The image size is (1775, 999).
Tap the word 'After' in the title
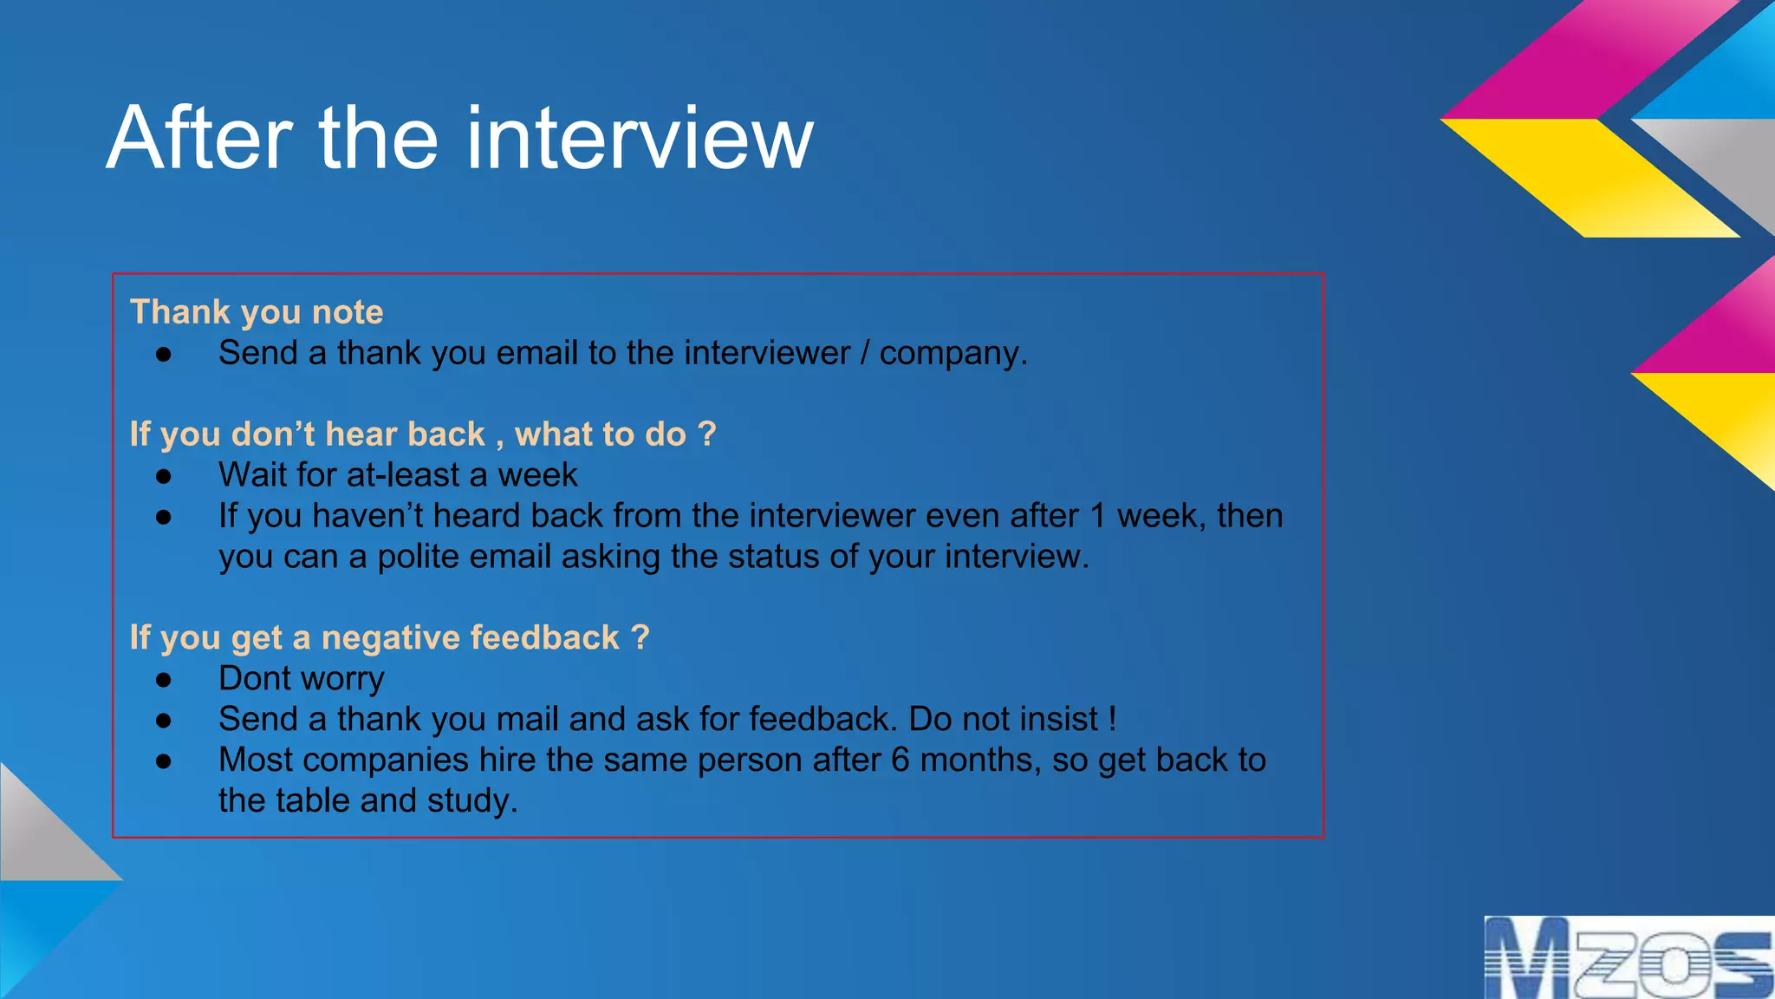200,139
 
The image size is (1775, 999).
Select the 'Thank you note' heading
257,312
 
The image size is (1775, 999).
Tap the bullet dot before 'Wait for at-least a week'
164,476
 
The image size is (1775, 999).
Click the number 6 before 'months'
901,761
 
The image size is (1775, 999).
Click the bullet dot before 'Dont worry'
164,680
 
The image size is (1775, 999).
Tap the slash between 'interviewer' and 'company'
865,354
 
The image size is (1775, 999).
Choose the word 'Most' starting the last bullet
256,761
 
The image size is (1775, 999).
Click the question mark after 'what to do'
706,434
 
